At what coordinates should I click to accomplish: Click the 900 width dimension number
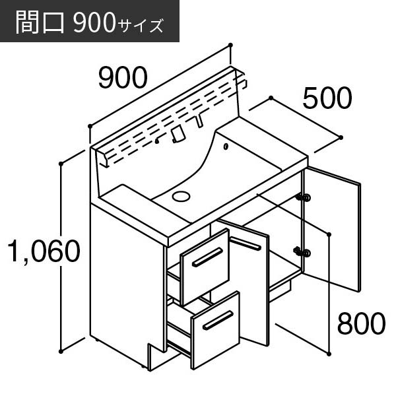[x=123, y=78]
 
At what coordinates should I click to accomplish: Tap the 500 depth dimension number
[x=327, y=98]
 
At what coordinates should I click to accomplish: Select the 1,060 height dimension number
[x=44, y=251]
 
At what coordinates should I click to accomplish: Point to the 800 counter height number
[x=361, y=323]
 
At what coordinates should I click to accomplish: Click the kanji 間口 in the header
[x=40, y=22]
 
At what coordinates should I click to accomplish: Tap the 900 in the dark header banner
[x=94, y=23]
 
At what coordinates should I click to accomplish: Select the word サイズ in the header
[x=140, y=26]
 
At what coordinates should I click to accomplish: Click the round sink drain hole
[x=181, y=196]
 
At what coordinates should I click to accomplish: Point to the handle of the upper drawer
[x=207, y=257]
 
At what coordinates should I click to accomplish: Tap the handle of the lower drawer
[x=218, y=320]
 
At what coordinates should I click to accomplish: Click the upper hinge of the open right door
[x=304, y=197]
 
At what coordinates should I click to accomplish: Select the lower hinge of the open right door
[x=302, y=252]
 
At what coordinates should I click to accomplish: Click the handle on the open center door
[x=246, y=244]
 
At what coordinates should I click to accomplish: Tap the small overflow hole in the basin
[x=226, y=147]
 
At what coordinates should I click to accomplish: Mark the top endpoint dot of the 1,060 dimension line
[x=61, y=164]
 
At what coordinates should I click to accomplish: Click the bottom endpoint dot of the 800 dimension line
[x=329, y=354]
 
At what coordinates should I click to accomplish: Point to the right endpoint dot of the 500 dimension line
[x=341, y=138]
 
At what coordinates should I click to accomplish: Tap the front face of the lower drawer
[x=215, y=330]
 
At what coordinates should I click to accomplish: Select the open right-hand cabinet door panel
[x=332, y=228]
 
